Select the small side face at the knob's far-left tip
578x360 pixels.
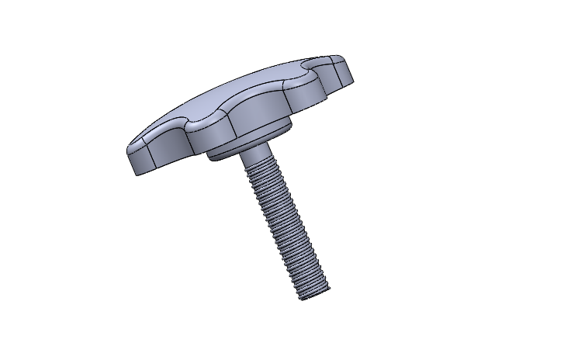137,159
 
